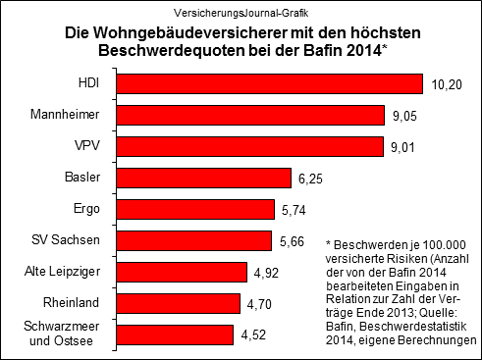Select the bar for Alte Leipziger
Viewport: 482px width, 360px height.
click(187, 272)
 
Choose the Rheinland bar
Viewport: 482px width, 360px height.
click(185, 303)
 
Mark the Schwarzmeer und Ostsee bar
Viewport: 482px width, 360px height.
click(182, 334)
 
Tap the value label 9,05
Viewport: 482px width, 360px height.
click(403, 115)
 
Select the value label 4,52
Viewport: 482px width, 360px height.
click(254, 334)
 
